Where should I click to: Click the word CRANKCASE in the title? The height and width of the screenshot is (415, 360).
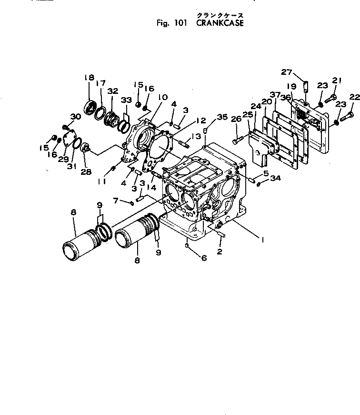[220, 23]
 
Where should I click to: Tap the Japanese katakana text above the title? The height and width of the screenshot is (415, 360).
[217, 15]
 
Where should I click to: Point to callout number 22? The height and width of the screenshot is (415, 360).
[354, 97]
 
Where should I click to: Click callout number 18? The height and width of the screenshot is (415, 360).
[89, 78]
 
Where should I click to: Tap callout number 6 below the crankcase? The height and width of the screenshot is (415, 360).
[204, 258]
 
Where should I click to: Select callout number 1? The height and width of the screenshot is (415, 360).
[261, 240]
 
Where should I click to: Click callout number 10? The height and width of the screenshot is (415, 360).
[163, 97]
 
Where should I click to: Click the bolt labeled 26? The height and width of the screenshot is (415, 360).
[239, 141]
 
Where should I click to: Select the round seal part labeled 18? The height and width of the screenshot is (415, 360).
[89, 106]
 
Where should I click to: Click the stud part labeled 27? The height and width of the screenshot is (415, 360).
[307, 87]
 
